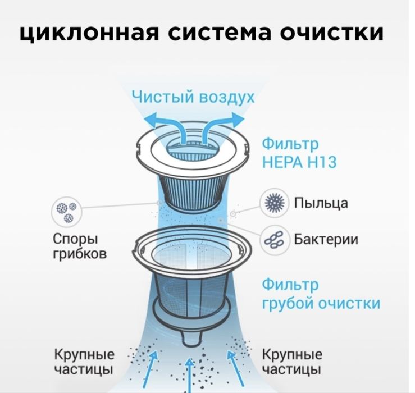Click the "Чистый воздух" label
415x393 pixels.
(193, 97)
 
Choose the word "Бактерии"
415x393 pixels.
(326, 240)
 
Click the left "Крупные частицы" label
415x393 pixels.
(84, 362)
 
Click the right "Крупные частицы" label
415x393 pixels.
(292, 362)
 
